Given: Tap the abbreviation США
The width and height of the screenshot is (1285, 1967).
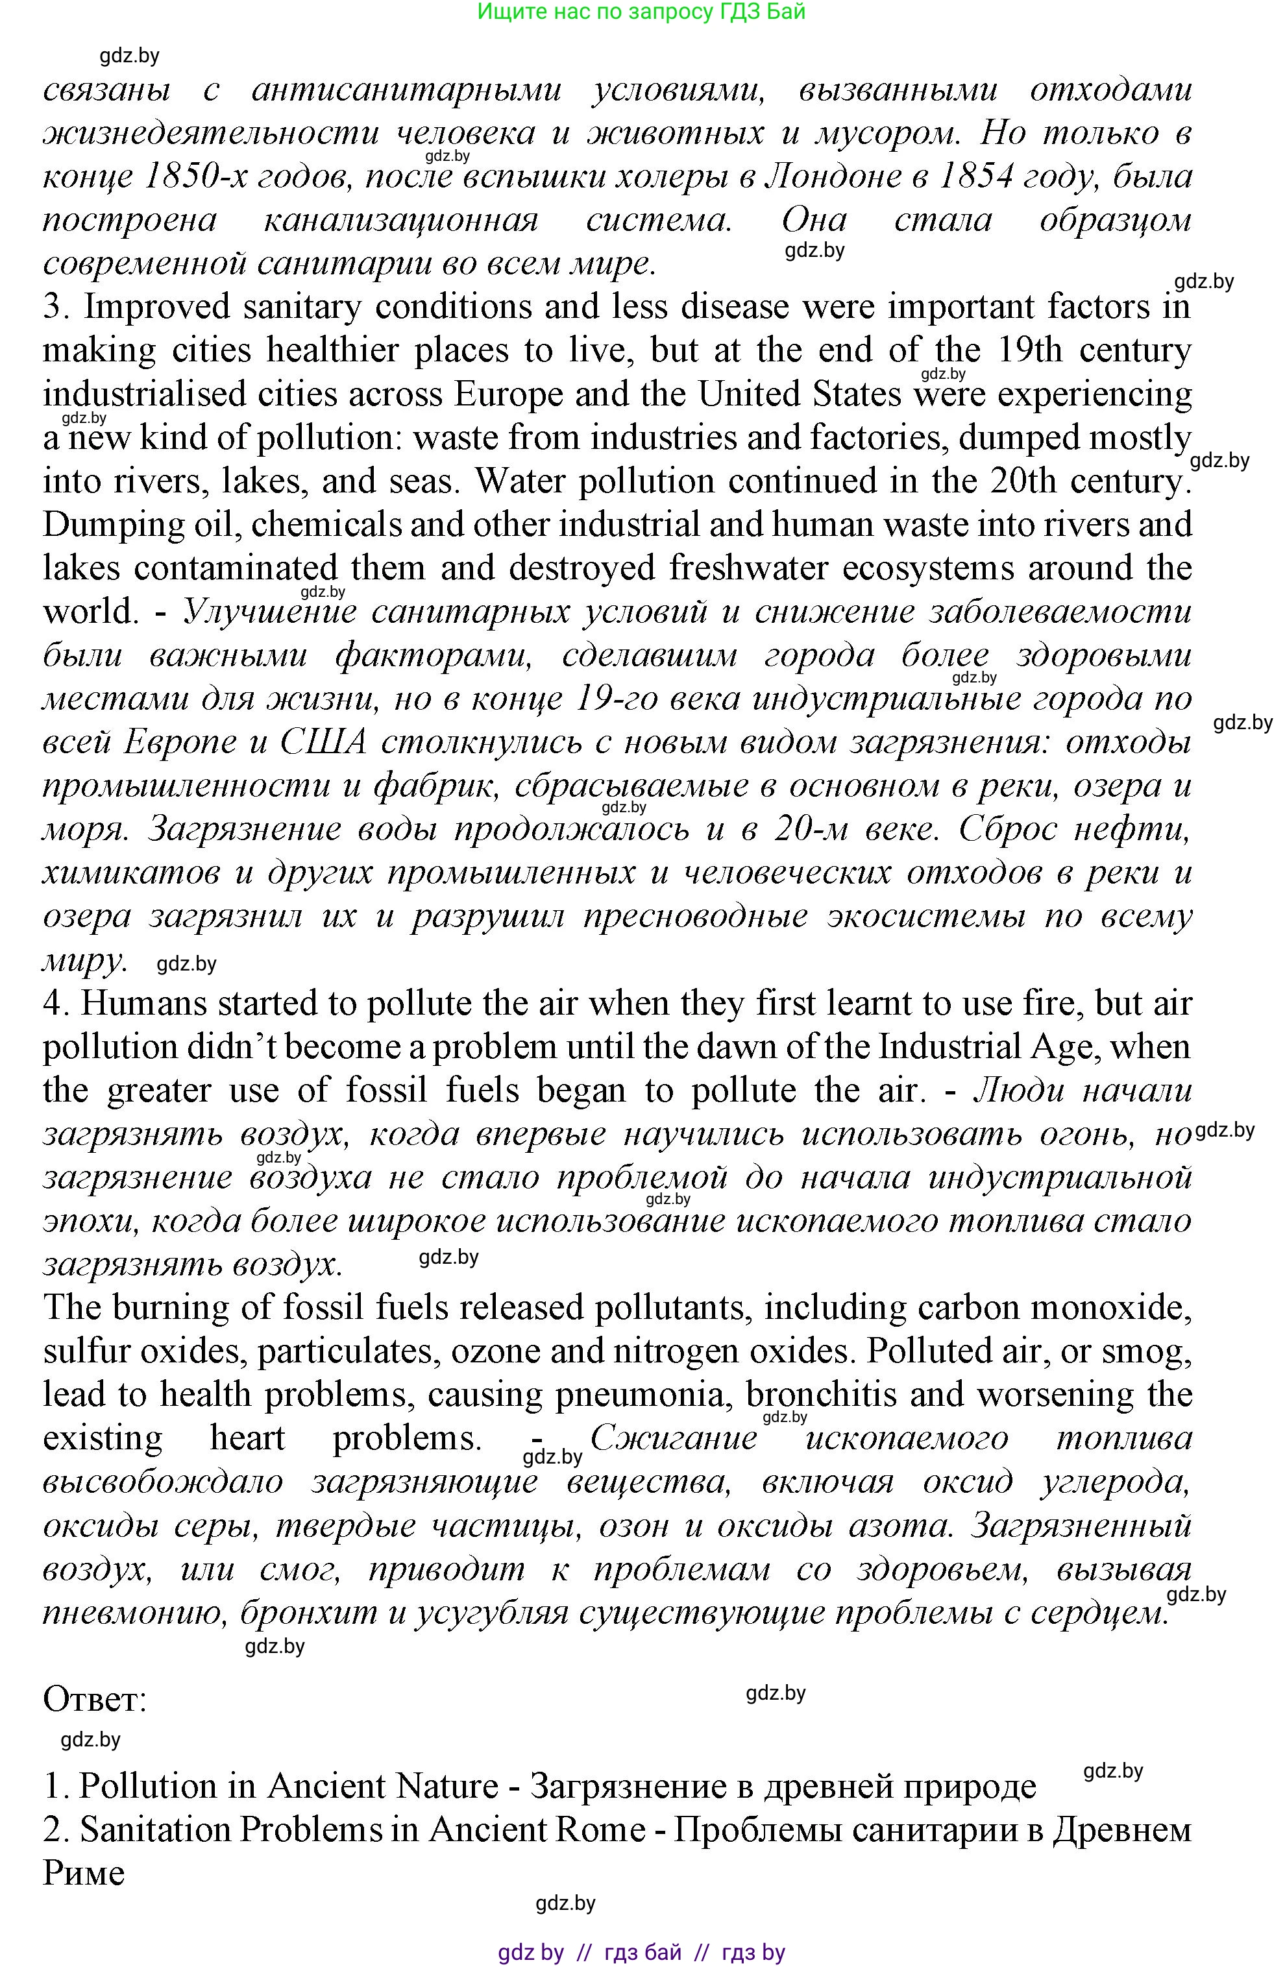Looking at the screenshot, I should (x=323, y=742).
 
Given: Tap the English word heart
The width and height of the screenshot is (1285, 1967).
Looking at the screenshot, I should (x=247, y=1438).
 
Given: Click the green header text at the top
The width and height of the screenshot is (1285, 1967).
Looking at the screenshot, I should (x=642, y=12).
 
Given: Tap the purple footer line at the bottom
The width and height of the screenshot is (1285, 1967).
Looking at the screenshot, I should (x=642, y=1953).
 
